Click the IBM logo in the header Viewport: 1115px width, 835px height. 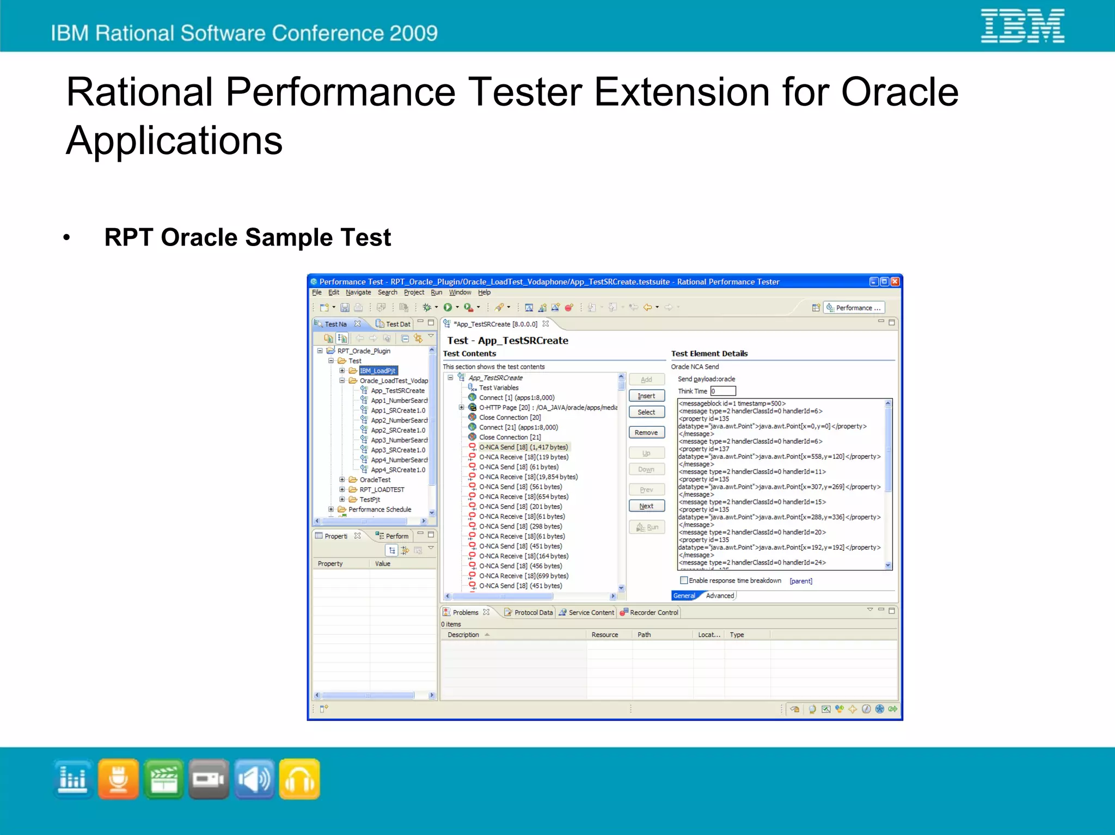1022,26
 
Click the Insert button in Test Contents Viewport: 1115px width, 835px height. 646,396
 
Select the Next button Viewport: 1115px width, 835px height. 646,506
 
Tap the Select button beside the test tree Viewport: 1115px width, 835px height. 646,412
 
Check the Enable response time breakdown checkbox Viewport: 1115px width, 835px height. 684,580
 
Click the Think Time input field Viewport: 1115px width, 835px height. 723,391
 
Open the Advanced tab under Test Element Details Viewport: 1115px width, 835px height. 719,595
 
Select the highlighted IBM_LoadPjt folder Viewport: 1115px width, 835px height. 377,371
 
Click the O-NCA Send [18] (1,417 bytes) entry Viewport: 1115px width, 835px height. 523,447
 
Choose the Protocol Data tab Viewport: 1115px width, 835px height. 532,612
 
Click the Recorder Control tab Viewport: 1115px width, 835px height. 653,612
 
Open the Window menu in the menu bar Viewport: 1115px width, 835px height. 460,292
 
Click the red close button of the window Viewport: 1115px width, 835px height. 895,281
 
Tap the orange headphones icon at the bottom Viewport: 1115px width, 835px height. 299,779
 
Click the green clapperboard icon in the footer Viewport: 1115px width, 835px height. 163,779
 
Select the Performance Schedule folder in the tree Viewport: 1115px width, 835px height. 379,509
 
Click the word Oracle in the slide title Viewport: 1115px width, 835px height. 899,91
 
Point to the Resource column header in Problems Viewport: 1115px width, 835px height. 604,635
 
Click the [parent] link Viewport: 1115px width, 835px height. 800,581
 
